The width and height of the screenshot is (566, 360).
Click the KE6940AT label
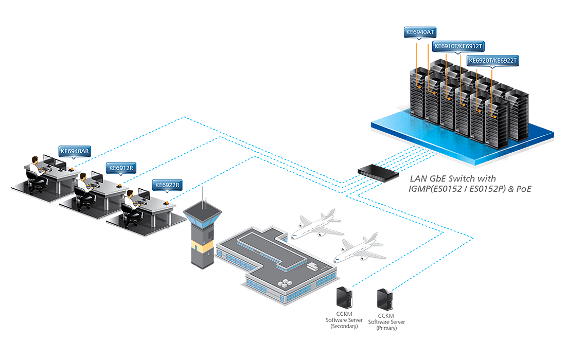420,32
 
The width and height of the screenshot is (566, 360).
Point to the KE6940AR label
75,151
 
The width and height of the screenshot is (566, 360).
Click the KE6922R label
168,185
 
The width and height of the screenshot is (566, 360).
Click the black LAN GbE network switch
379,171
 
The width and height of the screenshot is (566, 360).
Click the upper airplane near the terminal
315,225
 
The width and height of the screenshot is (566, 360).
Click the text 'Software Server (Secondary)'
344,323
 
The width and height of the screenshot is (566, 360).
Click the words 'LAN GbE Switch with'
453,179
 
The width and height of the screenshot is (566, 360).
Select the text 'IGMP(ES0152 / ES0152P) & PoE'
470,189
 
